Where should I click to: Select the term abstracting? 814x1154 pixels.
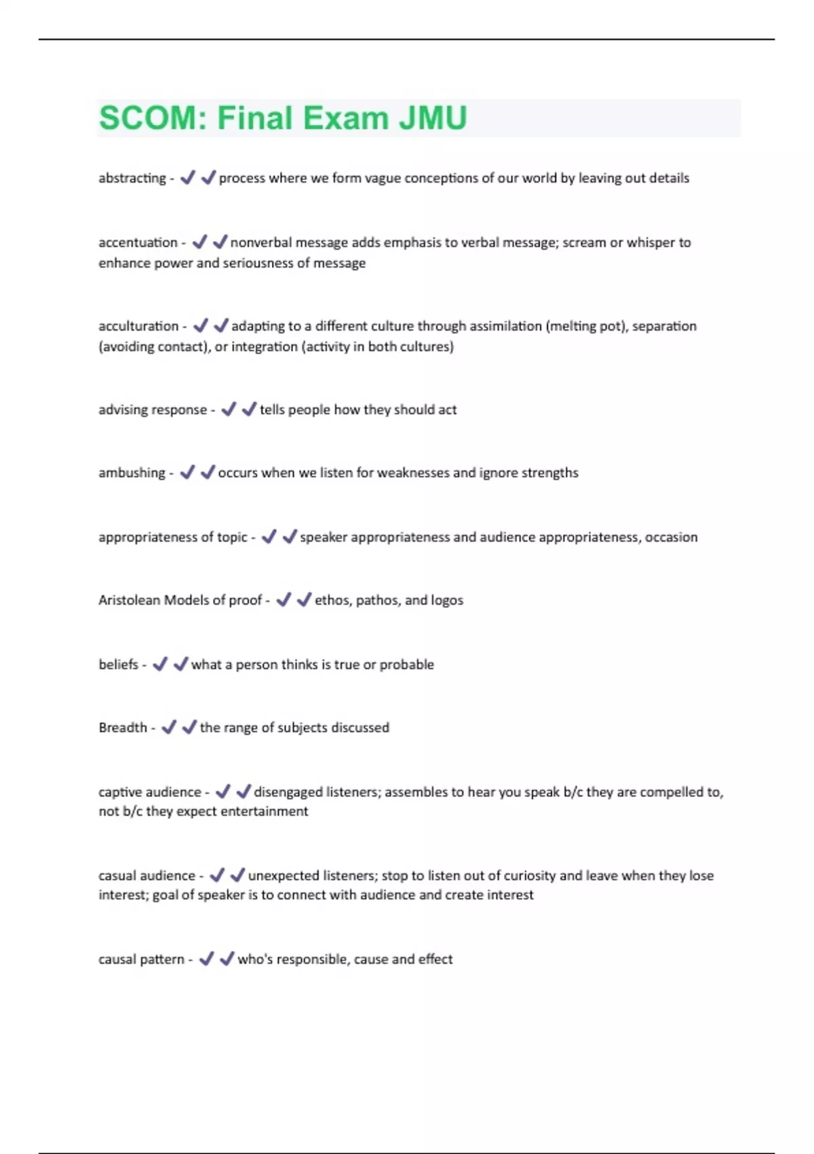[132, 178]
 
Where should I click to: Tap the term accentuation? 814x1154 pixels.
[138, 242]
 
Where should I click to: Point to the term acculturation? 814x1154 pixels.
[138, 326]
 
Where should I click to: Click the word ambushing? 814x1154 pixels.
[132, 472]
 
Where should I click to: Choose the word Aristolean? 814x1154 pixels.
[129, 600]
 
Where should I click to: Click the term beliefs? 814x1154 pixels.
[118, 665]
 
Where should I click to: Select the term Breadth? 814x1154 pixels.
[122, 728]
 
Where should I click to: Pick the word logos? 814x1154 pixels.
[447, 600]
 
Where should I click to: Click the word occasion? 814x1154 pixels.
[671, 537]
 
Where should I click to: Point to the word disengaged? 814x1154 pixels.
[288, 792]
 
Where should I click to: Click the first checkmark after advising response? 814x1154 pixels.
[229, 409]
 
